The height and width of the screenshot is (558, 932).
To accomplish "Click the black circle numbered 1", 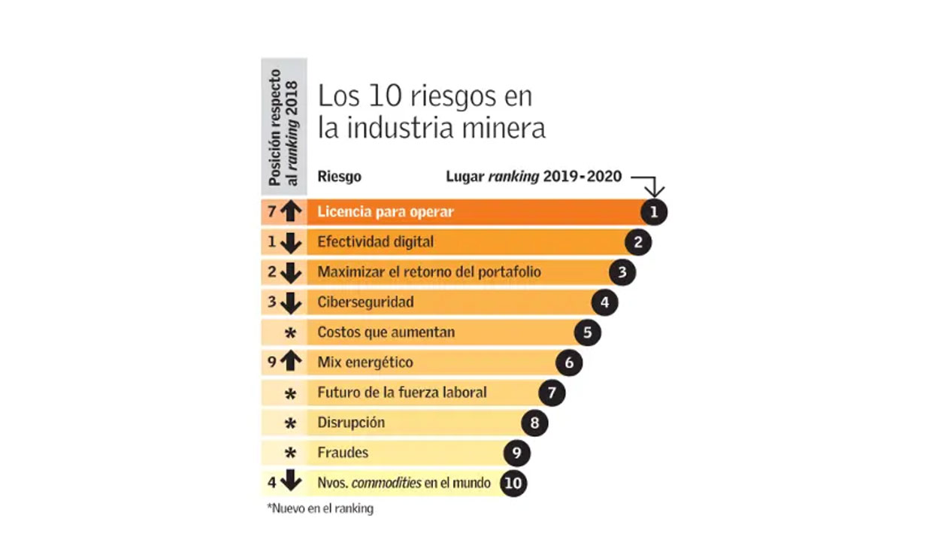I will tap(654, 212).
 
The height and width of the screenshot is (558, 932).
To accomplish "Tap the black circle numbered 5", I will tap(587, 332).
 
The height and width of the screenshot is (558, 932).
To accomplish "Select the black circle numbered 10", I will tap(513, 483).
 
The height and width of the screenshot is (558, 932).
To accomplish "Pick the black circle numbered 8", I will tap(534, 423).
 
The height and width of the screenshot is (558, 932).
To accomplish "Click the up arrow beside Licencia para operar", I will tap(290, 212).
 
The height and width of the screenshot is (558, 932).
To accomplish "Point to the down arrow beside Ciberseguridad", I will tap(290, 302).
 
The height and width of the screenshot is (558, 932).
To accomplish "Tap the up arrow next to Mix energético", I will tap(290, 362).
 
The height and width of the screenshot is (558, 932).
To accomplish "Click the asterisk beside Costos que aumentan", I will tap(290, 333).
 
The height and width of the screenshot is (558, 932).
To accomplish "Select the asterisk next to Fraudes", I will tap(290, 453).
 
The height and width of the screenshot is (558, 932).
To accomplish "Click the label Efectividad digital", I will tap(376, 242).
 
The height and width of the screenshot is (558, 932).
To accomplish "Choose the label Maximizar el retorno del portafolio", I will tap(429, 272).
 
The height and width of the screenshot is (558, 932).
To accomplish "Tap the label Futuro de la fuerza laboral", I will tap(402, 393).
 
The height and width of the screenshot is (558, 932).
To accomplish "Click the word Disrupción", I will tap(351, 423).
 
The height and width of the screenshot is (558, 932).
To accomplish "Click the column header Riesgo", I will tap(339, 177).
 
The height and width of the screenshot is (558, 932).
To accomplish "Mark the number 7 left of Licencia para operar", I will tap(272, 212).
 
